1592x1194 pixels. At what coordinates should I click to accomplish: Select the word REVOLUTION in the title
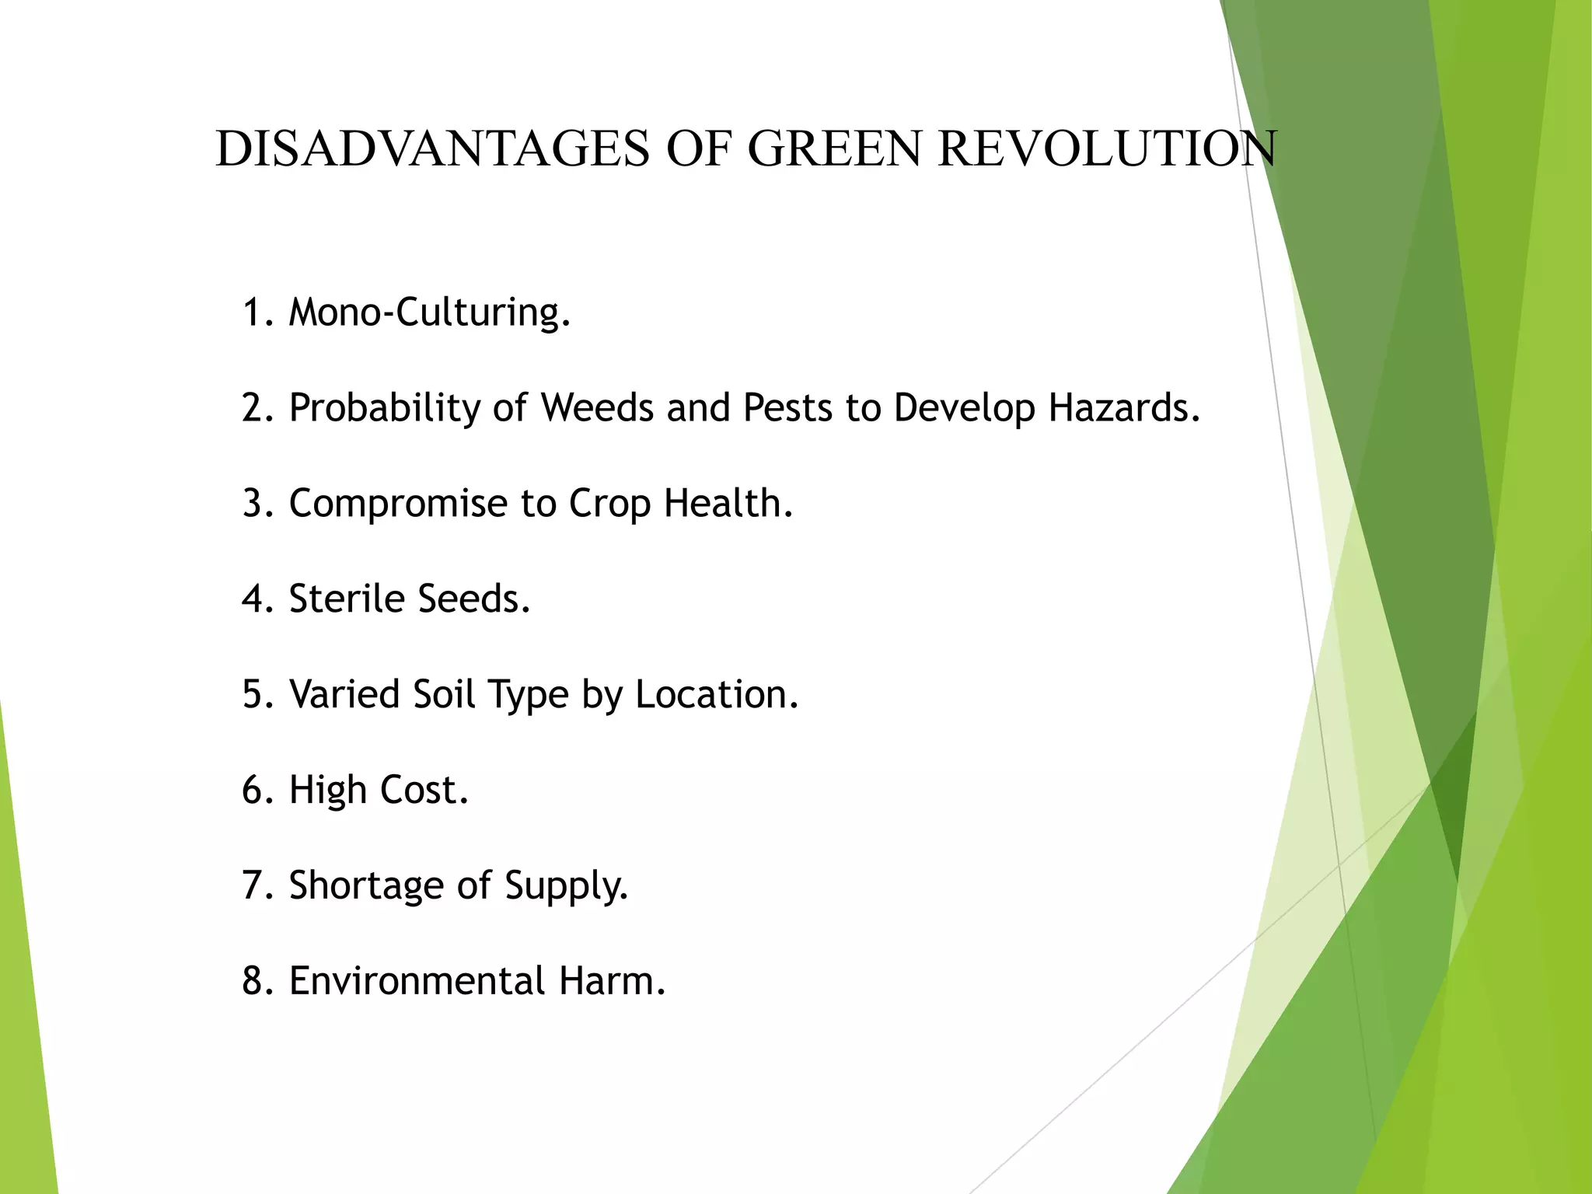pyautogui.click(x=1107, y=148)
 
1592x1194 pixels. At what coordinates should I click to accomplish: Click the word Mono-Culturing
pyautogui.click(x=430, y=312)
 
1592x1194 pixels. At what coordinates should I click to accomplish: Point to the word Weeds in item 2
pyautogui.click(x=597, y=407)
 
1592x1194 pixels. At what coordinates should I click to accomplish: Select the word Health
pyautogui.click(x=728, y=503)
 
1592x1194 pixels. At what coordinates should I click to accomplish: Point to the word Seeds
pyautogui.click(x=473, y=599)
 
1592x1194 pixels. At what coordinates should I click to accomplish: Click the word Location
pyautogui.click(x=717, y=693)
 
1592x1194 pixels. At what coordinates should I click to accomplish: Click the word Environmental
pyautogui.click(x=417, y=981)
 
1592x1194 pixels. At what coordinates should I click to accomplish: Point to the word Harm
pyautogui.click(x=612, y=981)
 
